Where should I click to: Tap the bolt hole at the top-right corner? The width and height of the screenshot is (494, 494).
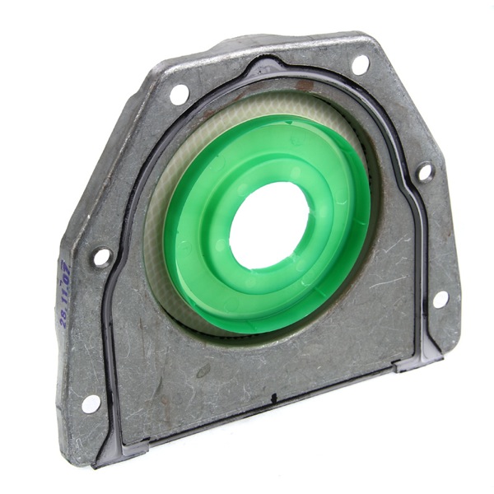pos(360,63)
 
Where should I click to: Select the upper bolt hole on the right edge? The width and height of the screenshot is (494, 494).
pos(425,172)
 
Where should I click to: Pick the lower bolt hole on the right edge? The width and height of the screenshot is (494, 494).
pos(439,299)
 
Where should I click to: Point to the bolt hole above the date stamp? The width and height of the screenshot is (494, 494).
pos(102,257)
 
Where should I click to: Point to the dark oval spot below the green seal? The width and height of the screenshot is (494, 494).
pos(203,371)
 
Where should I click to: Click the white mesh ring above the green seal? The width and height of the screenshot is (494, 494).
pos(247,123)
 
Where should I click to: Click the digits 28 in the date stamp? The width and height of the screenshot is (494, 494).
pos(64,318)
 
